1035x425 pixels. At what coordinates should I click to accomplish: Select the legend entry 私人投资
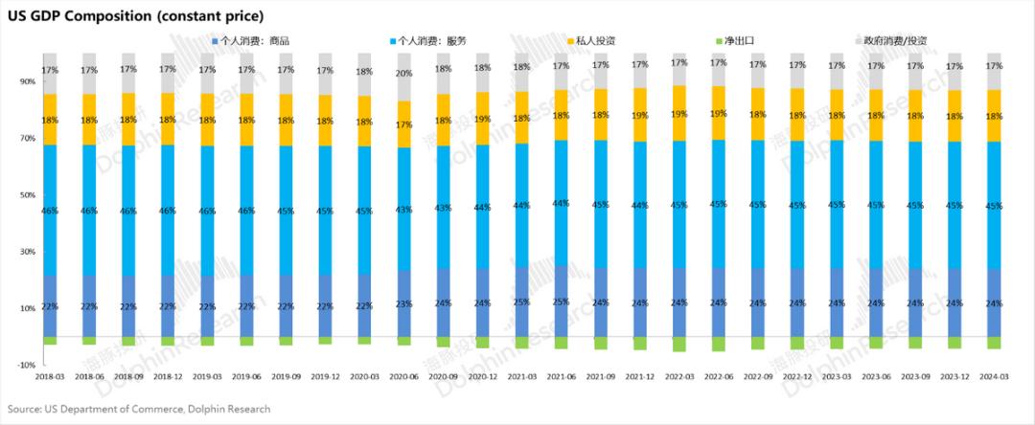click(599, 41)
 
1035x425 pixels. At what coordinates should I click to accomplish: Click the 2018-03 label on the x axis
click(50, 377)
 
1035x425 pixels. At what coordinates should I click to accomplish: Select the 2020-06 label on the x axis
click(403, 377)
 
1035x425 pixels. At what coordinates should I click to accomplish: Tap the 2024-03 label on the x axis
click(994, 377)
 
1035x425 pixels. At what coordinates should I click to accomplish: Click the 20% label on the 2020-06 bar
click(403, 74)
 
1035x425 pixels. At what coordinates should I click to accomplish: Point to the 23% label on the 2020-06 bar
click(403, 303)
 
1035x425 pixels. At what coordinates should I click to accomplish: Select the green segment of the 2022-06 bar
click(719, 344)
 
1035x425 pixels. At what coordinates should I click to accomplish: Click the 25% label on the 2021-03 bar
click(521, 302)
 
